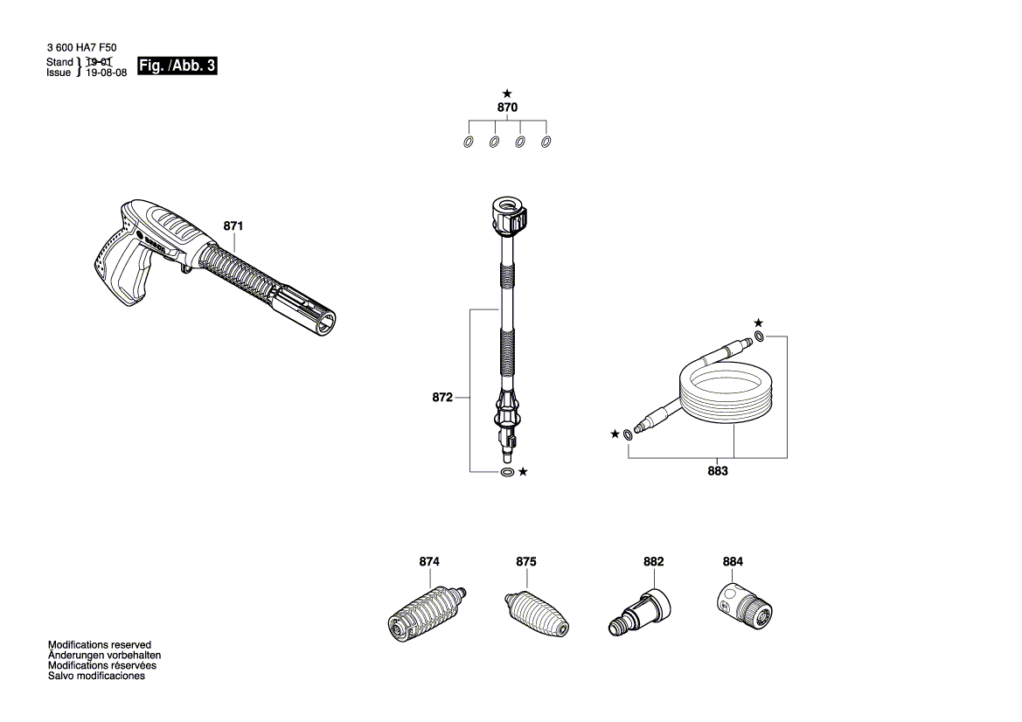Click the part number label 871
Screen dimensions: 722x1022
[233, 226]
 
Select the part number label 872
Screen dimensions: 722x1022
[442, 398]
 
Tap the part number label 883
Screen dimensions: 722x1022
[718, 472]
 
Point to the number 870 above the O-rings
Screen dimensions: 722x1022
[507, 108]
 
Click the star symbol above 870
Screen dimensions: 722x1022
[507, 93]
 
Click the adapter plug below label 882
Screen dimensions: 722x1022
[641, 609]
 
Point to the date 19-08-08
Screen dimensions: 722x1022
[107, 73]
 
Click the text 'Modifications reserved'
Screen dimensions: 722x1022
[99, 644]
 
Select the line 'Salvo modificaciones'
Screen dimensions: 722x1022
[96, 676]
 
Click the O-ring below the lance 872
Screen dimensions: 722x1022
[507, 472]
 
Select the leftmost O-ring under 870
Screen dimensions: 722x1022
[468, 142]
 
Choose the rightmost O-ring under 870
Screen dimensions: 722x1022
[547, 142]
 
